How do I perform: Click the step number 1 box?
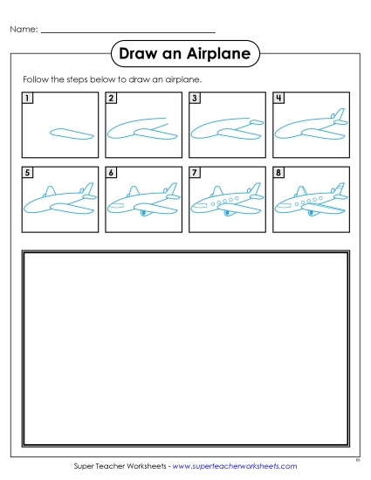[x=28, y=98]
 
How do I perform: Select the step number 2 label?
[x=112, y=98]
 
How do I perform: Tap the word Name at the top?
[x=23, y=30]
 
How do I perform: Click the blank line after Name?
[x=127, y=32]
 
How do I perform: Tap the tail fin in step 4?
[x=334, y=116]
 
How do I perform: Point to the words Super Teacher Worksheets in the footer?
[x=119, y=467]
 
